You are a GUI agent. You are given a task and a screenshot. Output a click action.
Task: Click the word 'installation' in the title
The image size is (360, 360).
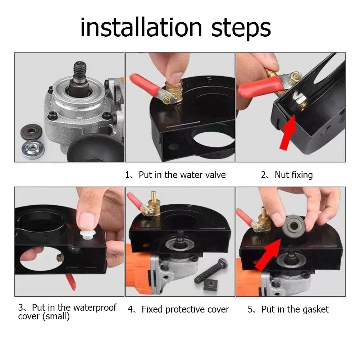coord(141,28)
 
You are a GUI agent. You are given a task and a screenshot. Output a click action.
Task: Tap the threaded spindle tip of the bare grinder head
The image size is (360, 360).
coord(80,69)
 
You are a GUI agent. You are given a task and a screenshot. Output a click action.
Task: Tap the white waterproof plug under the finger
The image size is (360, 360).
coord(87,235)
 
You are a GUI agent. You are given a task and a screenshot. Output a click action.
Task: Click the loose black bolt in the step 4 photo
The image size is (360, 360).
coord(211,271)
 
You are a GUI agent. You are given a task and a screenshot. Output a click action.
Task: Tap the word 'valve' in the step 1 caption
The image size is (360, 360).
coord(215,175)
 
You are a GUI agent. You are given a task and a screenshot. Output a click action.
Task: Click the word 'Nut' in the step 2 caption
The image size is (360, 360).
coord(282,175)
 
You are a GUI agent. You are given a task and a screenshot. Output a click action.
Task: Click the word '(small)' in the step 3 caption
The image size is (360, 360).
coord(56,316)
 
